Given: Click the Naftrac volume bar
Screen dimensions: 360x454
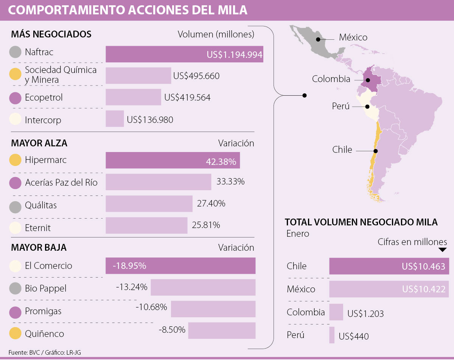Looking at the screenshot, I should point(184,54).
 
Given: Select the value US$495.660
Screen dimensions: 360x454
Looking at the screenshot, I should point(196,76).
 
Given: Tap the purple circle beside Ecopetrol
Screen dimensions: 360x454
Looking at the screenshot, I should point(15,98).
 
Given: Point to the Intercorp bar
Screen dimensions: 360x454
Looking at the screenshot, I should point(115,119).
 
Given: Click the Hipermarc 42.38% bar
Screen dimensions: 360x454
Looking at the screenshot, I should point(173,160).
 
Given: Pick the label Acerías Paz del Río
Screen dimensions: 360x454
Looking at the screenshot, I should point(61,183).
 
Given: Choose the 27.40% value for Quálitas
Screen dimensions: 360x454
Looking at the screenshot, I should point(211,203).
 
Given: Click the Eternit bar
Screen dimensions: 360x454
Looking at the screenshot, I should point(146,225).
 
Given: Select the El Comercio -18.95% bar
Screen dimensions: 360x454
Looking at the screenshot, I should point(180,265).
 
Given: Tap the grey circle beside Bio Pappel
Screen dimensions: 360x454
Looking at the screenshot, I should point(15,289).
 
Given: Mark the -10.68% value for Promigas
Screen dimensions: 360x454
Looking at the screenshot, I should point(151,307).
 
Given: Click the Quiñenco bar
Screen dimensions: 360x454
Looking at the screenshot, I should point(222,331).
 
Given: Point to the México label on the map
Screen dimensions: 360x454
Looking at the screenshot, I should point(353,37).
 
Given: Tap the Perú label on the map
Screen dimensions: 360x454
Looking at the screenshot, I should point(340,106).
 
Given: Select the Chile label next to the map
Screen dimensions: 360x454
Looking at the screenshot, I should point(342,150).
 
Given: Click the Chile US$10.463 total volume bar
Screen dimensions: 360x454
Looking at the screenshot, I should point(389,266).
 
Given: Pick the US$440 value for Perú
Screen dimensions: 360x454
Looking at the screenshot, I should point(353,336).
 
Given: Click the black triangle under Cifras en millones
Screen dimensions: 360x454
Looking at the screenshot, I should point(442,250).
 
